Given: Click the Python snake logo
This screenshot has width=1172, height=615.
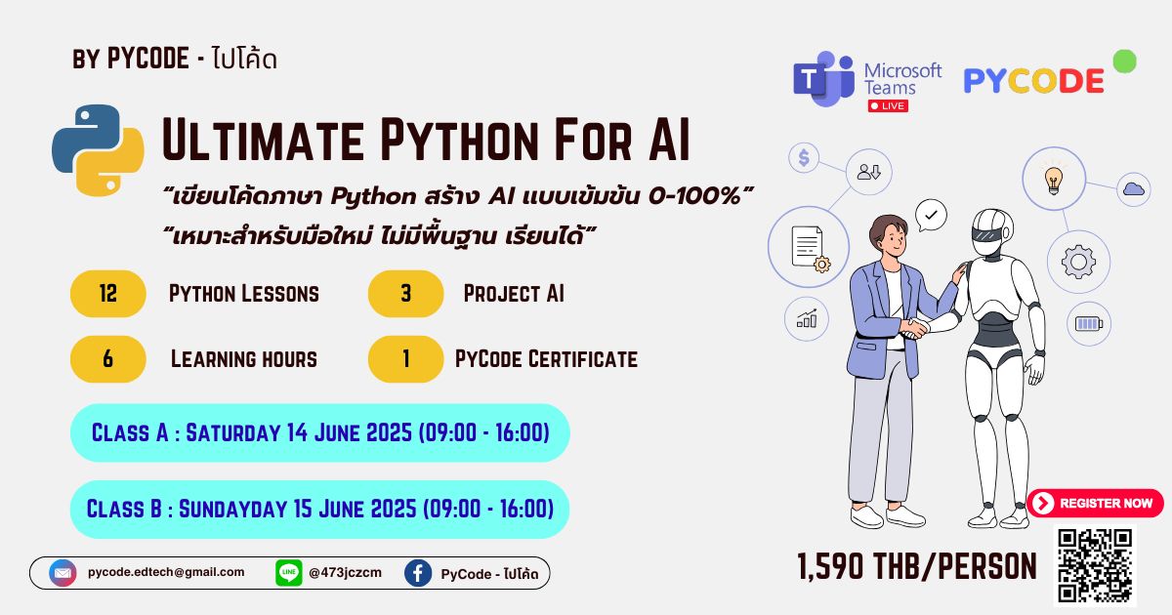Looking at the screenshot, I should coord(98,150).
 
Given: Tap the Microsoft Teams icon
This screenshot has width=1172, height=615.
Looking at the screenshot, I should coord(823,79).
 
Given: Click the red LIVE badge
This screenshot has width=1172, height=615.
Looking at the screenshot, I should coord(888,105).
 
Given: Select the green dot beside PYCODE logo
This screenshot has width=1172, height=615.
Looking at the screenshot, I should coord(1124,61).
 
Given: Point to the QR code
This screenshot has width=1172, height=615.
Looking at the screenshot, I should coord(1095,565).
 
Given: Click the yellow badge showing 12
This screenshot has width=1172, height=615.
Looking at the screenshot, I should coord(108,294).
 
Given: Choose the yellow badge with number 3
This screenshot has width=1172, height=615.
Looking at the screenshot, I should coord(405,294).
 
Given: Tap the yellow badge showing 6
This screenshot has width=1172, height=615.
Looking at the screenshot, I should coord(108,359).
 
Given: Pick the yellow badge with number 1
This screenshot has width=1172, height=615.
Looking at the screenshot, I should coord(405,359).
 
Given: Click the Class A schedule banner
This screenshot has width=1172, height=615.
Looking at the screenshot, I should coord(319,432).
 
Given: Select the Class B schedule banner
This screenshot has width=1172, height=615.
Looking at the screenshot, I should coord(319,509).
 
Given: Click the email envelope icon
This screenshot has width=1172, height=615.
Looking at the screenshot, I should coord(63,573).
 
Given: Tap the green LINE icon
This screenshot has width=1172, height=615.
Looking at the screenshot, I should coord(289,573).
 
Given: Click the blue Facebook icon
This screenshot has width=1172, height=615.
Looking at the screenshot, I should coord(418,573).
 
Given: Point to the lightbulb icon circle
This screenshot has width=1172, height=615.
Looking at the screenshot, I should coord(1054,179).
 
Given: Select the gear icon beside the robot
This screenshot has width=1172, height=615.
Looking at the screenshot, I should coord(1078,262).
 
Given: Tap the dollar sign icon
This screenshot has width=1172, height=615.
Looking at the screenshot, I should coord(804,158).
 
